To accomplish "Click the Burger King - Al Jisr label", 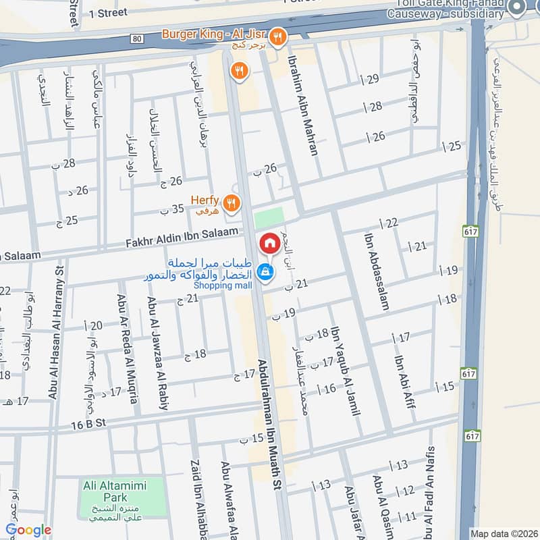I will click(x=215, y=34).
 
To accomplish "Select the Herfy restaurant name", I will click(x=206, y=200).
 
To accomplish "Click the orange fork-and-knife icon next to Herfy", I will click(x=232, y=202).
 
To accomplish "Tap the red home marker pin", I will click(x=269, y=243).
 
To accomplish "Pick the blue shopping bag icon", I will click(x=266, y=272).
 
